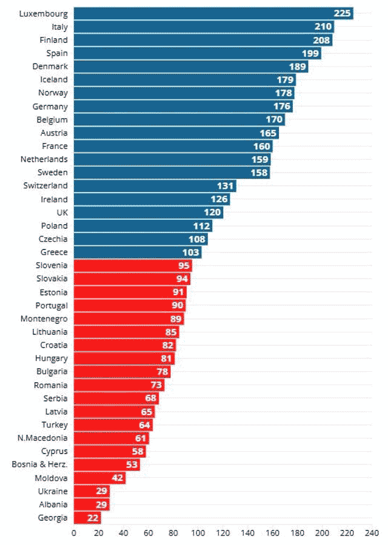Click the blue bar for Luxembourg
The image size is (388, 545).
(212, 13)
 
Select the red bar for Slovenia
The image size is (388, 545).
(132, 265)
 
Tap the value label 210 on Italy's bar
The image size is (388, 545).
(323, 27)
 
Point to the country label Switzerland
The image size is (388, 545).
(45, 186)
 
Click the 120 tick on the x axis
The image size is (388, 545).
(222, 533)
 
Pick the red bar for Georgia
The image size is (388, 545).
(87, 517)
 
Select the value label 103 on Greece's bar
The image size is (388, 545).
(191, 253)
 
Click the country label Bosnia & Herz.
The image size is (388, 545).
(40, 464)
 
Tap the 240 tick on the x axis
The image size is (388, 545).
(372, 533)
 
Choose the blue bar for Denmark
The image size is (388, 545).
(190, 66)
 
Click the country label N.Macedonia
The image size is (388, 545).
(43, 438)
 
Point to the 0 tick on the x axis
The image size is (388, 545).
(74, 533)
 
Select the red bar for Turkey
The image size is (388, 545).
(113, 424)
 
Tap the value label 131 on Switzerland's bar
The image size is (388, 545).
(226, 186)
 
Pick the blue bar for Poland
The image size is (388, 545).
(143, 226)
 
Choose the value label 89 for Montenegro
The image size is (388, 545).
(175, 319)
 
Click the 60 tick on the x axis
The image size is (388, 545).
(148, 533)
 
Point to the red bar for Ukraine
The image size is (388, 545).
(92, 491)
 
